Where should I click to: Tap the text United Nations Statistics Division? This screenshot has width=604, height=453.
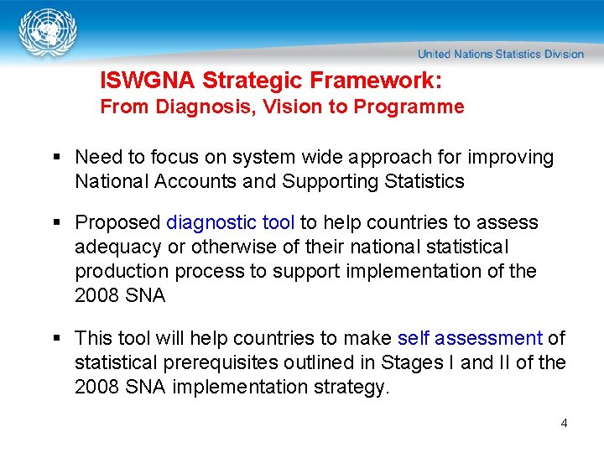coord(501,54)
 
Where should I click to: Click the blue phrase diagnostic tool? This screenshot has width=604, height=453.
coord(231,223)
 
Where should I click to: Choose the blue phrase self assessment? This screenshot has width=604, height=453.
coord(470,339)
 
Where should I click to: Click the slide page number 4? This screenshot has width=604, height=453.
coord(564,423)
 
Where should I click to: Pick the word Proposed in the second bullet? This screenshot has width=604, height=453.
coord(117,223)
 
